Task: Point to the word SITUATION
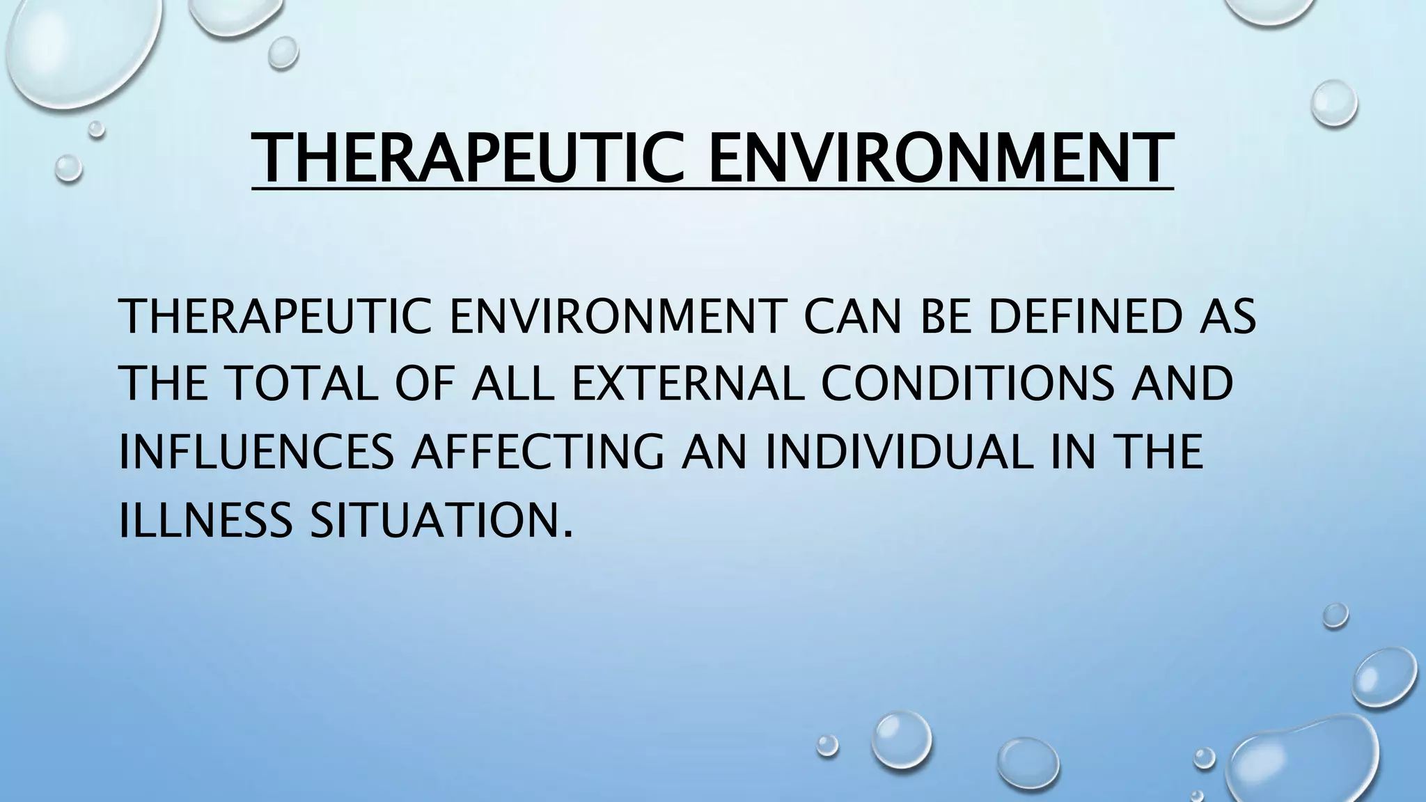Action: (432, 519)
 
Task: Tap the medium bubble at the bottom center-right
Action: (902, 741)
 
